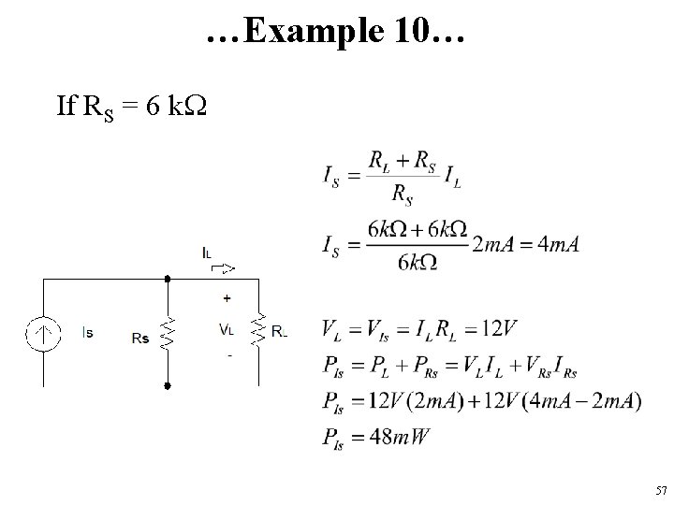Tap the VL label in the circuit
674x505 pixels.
(x=227, y=329)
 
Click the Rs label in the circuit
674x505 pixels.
(x=140, y=338)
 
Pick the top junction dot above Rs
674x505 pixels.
(x=167, y=278)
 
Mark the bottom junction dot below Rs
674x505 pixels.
(x=167, y=384)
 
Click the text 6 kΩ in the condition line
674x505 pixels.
(x=176, y=107)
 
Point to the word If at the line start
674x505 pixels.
(x=66, y=107)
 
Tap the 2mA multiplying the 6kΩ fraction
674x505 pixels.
(x=491, y=244)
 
